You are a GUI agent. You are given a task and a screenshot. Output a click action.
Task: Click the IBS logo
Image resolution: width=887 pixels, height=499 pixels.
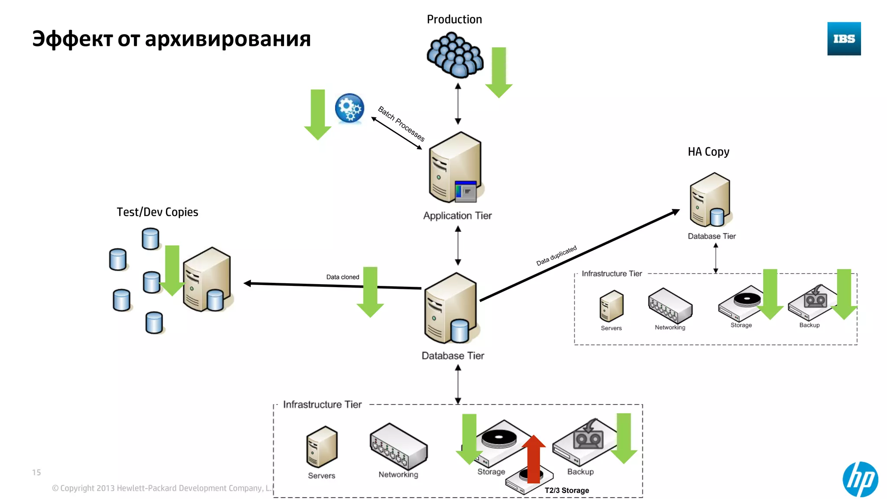click(x=844, y=39)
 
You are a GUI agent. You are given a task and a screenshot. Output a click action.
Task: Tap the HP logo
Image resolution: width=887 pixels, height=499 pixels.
click(x=860, y=479)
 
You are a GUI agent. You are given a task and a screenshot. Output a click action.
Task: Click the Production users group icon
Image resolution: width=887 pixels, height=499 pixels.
click(x=455, y=55)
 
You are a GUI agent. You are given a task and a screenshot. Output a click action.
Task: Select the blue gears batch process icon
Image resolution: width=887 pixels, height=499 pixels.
click(x=350, y=108)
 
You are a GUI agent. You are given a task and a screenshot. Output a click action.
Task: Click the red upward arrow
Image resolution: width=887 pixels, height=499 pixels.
click(x=534, y=459)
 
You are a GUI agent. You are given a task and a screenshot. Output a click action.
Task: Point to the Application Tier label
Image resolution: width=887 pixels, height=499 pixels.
click(x=457, y=216)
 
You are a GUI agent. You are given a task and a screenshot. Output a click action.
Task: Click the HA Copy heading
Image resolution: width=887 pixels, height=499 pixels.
click(x=709, y=152)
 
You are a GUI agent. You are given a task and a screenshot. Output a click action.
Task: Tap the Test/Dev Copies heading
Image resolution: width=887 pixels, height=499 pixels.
click(x=157, y=212)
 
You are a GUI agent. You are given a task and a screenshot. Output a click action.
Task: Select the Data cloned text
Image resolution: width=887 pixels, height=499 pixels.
click(x=343, y=277)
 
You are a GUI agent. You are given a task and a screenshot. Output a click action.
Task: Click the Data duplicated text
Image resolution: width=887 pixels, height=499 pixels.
click(x=557, y=256)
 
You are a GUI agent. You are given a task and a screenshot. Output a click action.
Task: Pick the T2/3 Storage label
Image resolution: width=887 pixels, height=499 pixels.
click(x=567, y=490)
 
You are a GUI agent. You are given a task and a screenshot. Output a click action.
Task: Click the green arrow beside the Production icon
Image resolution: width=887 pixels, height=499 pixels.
click(x=499, y=71)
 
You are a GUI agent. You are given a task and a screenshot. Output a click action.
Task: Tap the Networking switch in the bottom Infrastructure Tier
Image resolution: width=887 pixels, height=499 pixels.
click(x=398, y=446)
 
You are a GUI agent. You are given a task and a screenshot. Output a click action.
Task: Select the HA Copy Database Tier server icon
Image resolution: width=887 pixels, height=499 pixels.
click(x=710, y=200)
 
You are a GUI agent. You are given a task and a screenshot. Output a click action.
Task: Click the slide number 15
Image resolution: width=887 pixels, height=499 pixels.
click(x=36, y=472)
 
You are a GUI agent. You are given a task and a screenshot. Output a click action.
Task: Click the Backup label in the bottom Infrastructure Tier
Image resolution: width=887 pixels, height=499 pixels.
click(x=580, y=472)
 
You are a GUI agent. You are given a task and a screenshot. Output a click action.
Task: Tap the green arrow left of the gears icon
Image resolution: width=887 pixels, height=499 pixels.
click(x=317, y=114)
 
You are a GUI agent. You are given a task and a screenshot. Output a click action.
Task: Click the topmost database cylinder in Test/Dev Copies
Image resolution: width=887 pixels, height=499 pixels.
click(x=150, y=239)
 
